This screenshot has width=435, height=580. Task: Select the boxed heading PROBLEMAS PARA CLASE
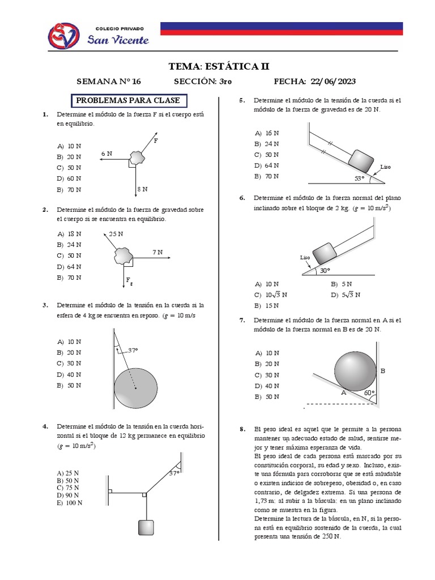(128, 101)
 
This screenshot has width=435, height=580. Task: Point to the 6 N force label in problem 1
(106, 153)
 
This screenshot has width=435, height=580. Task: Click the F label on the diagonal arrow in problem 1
(156, 139)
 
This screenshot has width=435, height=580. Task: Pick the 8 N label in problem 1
(142, 189)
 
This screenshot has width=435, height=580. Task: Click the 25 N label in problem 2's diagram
(116, 233)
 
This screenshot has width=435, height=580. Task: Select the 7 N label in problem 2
(157, 251)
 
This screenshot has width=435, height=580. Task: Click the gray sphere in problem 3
(136, 388)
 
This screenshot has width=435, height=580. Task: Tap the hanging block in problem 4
(146, 527)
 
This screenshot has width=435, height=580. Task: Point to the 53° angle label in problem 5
(360, 178)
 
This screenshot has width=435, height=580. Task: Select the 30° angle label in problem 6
(325, 270)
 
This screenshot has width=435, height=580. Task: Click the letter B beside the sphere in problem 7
(382, 371)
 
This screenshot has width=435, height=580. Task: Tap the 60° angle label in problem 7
(369, 392)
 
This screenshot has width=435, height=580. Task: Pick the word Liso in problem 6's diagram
(305, 257)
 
